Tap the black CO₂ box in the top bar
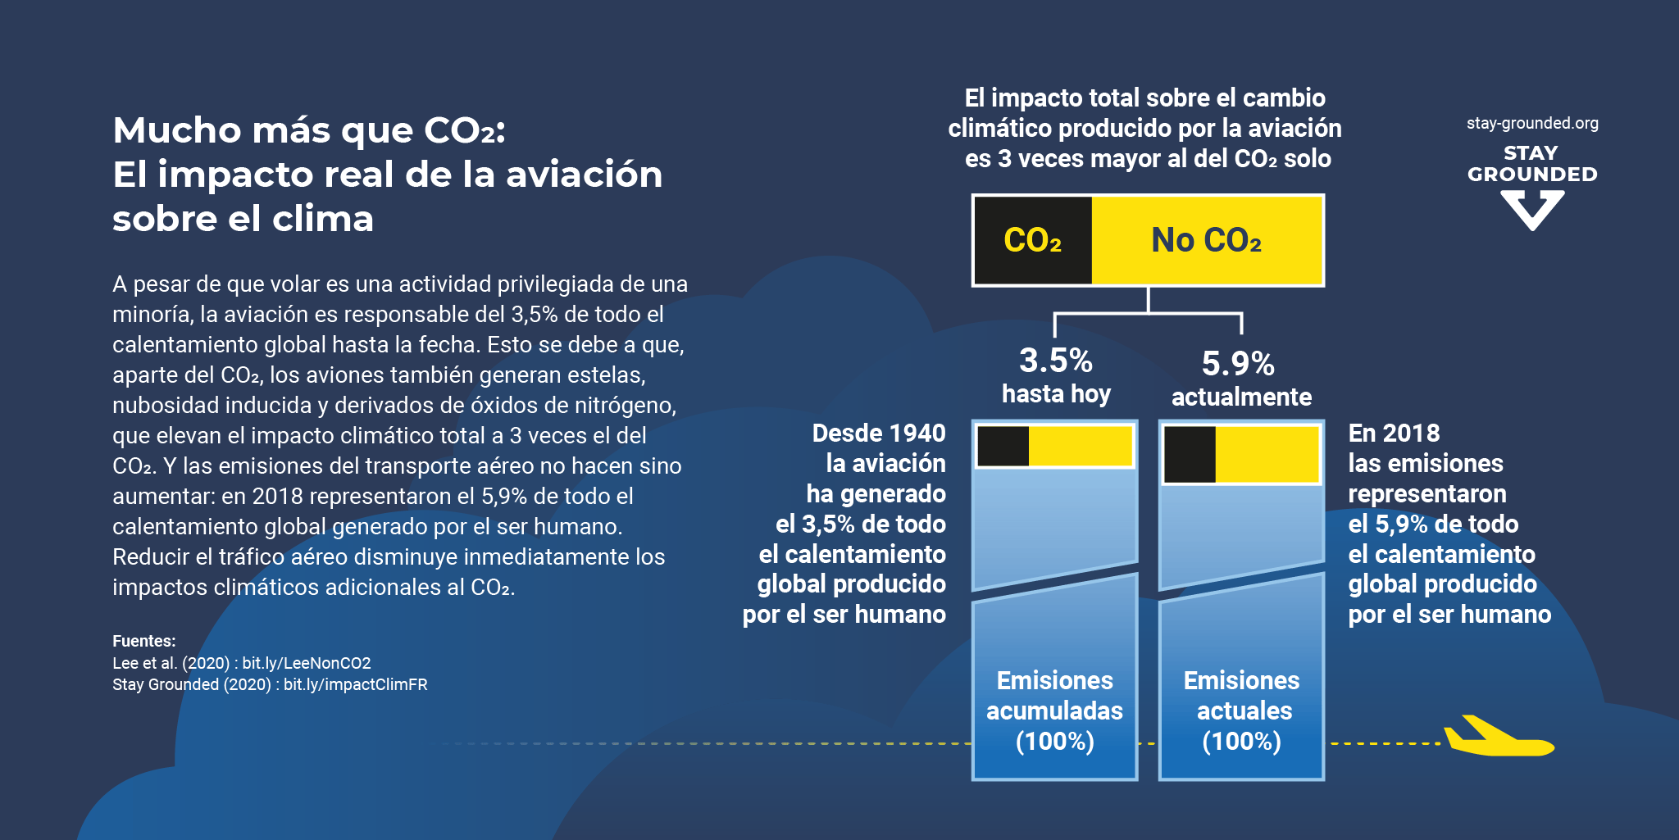1033,240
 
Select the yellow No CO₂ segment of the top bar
1207,240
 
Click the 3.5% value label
1056,361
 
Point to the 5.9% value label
1238,364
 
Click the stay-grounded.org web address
1532,124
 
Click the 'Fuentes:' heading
144,641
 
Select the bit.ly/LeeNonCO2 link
307,663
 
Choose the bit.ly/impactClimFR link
355,684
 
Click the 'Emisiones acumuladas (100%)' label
1055,711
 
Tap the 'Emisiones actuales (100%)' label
1242,711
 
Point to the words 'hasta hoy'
1056,394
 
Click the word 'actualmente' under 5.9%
1241,397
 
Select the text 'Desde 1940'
879,434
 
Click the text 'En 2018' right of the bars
1394,434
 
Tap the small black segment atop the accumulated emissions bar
1003,447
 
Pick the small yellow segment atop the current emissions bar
1267,455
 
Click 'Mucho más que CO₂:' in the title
309,130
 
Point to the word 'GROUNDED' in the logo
1532,175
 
